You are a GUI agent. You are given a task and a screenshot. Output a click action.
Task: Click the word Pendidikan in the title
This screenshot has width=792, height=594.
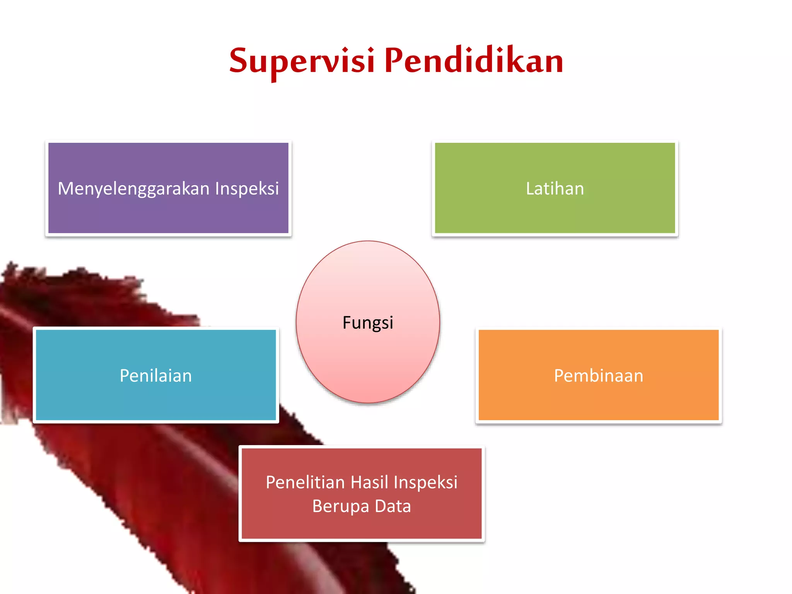(474, 61)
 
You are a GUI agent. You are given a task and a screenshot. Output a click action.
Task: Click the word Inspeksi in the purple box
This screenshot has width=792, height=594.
(247, 189)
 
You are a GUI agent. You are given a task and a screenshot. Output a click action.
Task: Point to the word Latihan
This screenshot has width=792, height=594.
(555, 189)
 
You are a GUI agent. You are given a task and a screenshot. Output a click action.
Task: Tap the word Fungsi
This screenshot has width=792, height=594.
(368, 323)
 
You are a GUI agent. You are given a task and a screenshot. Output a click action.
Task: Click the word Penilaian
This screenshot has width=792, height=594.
(156, 376)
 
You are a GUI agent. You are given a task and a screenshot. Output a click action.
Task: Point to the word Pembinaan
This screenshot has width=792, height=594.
(598, 376)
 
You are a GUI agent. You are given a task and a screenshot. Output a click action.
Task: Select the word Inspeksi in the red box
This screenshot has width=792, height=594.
(425, 482)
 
